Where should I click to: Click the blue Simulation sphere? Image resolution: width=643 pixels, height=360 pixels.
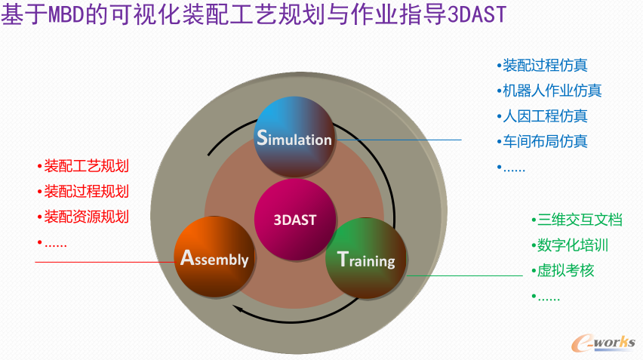click(x=294, y=137)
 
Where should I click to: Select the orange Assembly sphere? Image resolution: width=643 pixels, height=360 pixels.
click(x=214, y=257)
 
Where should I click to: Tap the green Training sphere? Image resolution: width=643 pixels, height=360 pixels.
click(x=366, y=258)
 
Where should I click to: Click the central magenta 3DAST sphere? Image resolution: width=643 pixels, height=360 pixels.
click(x=294, y=220)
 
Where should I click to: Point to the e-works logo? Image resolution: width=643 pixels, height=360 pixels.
click(x=605, y=341)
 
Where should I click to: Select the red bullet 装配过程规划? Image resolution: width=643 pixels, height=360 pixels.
click(x=87, y=192)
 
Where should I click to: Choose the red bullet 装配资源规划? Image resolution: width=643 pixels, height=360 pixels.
click(x=87, y=217)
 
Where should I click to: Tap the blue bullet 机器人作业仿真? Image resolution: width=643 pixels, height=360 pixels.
click(x=552, y=91)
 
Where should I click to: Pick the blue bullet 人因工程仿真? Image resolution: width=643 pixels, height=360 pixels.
click(x=545, y=116)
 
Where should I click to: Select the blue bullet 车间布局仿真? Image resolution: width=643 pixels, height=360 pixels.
click(x=545, y=141)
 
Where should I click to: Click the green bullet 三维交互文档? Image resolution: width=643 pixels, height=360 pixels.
click(x=580, y=220)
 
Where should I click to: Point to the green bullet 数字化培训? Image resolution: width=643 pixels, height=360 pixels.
click(x=573, y=245)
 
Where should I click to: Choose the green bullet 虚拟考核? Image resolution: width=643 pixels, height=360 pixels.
click(x=566, y=270)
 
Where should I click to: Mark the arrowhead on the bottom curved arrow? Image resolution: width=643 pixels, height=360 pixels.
click(x=237, y=308)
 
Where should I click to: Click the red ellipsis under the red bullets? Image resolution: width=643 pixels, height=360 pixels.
click(x=55, y=242)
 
